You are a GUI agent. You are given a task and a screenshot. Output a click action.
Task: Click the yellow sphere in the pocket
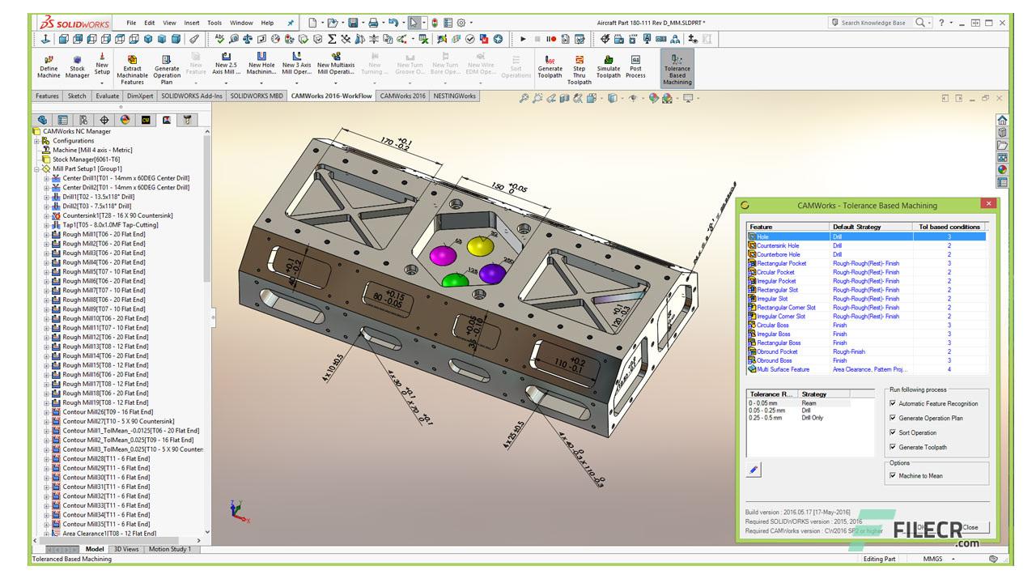(480, 248)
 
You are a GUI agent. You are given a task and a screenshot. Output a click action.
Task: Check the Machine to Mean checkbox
(893, 476)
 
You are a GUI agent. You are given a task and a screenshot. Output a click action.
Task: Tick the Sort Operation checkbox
(893, 433)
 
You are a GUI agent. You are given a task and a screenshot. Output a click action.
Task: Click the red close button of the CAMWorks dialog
(987, 205)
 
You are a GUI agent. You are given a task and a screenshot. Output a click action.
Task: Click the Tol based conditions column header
(949, 227)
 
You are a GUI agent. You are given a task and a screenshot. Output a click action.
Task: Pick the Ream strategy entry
(809, 402)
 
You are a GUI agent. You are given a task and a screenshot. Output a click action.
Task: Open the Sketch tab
(77, 96)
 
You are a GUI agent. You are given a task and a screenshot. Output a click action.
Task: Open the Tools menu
(214, 23)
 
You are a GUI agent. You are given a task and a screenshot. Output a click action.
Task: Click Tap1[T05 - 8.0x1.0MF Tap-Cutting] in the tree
(110, 225)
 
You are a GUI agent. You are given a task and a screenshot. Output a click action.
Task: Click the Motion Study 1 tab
(170, 549)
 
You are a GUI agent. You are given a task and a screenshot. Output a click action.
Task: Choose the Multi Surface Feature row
(783, 369)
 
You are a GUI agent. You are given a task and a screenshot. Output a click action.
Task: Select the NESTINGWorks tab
(455, 96)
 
